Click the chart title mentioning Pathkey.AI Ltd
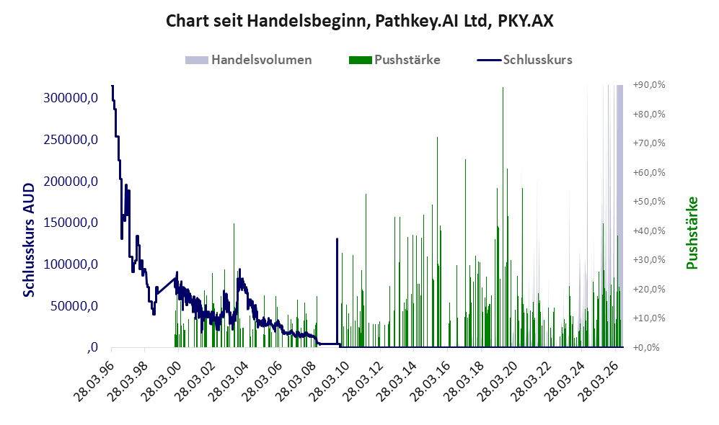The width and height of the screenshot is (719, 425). click(359, 21)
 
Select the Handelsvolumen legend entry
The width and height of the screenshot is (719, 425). click(249, 60)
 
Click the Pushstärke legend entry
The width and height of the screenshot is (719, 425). click(394, 60)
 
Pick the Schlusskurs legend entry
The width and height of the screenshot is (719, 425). click(524, 60)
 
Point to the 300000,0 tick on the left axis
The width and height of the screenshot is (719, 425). click(71, 97)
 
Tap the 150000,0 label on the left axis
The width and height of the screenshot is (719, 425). click(71, 223)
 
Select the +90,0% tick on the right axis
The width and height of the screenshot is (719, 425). click(649, 85)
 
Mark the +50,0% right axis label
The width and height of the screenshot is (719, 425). click(649, 202)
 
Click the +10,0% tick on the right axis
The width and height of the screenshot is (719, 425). click(649, 318)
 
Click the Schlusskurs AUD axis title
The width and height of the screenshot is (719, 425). click(28, 240)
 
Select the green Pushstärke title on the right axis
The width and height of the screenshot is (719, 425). click(692, 233)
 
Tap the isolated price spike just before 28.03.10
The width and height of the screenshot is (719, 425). click(337, 292)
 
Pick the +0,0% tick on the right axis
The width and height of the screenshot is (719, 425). click(647, 348)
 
